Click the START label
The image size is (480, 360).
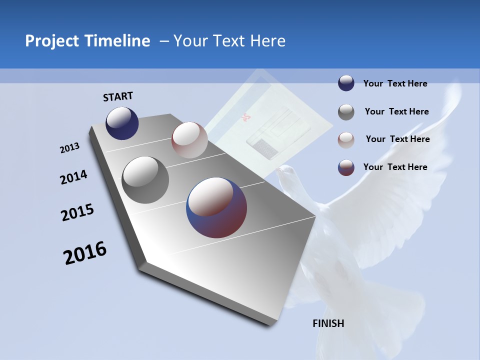118,96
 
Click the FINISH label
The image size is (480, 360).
328,323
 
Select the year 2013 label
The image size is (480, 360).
69,148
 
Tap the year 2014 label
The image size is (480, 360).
73,177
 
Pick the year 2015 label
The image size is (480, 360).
77,212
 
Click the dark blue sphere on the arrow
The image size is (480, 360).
122,123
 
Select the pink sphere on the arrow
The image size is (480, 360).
189,140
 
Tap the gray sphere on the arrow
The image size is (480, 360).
145,180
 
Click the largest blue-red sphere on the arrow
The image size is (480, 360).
216,207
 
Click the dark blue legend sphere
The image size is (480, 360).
346,83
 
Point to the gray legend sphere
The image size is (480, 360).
346,112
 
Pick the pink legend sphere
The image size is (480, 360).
346,139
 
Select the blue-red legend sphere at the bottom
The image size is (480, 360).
346,167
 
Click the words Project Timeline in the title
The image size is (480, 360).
87,41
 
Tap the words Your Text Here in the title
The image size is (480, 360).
229,41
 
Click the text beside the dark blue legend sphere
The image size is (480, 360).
395,83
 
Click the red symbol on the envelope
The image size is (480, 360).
245,118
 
